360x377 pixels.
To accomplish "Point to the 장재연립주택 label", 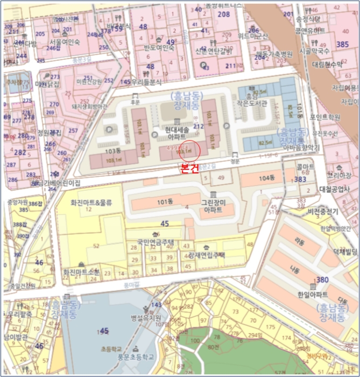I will pyautogui.click(x=207, y=255).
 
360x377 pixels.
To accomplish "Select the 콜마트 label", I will pyautogui.click(x=306, y=167).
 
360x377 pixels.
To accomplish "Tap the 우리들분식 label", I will pyautogui.click(x=147, y=82).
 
